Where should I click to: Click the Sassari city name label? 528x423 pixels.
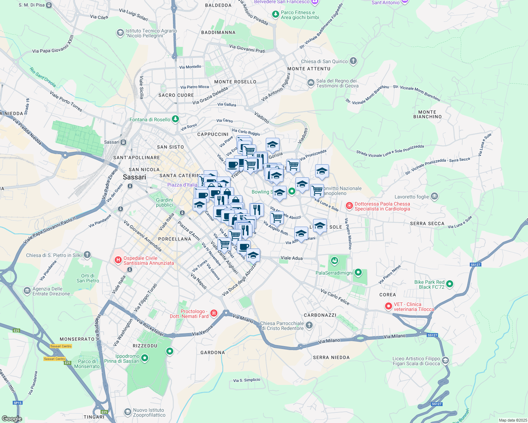coord(134,177)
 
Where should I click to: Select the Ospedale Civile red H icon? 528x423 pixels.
coord(118,260)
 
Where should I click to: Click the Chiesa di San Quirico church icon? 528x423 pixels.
coord(353,61)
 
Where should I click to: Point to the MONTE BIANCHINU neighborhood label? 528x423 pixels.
coord(427,114)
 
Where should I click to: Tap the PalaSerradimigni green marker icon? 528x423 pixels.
coord(358,272)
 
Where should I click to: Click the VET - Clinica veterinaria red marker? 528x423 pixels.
coord(389,306)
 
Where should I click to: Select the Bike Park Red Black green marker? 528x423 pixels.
coord(450,284)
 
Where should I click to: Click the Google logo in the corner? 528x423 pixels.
coord(12,419)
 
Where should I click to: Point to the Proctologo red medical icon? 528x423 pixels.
coord(214,313)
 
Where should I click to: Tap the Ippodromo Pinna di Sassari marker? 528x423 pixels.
coord(144,358)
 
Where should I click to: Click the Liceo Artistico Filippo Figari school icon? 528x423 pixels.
coord(445,360)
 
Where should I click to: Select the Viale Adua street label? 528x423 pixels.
coord(292,258)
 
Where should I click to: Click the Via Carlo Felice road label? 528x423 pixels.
coord(335,298)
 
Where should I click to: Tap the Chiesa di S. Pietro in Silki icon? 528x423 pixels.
coord(87,255)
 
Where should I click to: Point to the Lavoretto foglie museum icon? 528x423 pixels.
coord(434,196)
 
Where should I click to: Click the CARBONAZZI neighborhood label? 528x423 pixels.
coord(320,315)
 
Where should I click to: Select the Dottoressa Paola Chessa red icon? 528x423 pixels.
coord(349,206)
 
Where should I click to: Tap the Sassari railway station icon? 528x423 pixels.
coord(123,142)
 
